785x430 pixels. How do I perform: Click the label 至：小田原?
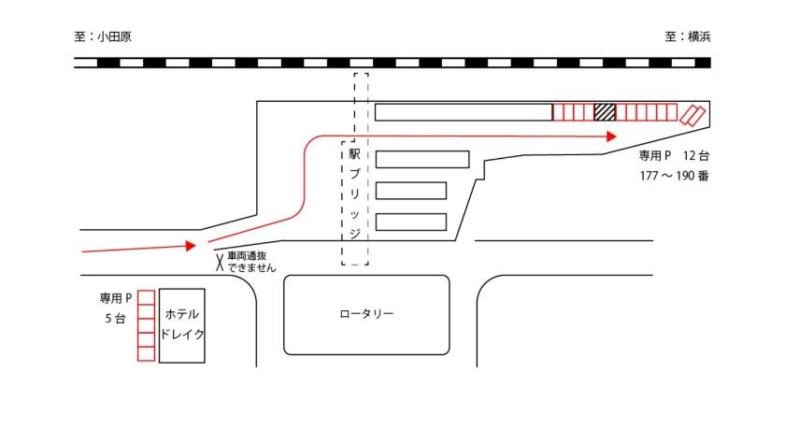[103, 36]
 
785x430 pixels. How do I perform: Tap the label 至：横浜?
[688, 36]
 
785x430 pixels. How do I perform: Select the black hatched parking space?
[605, 112]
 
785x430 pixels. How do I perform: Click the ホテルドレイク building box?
[181, 325]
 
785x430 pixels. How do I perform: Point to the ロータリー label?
[366, 314]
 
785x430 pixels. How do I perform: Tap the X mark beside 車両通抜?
[220, 263]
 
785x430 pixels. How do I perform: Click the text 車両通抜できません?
[251, 262]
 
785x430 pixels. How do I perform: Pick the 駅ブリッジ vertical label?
[354, 193]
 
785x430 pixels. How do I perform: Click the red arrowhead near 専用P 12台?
[611, 136]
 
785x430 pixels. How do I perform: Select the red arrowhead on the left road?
[191, 245]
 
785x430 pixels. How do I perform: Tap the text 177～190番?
[674, 176]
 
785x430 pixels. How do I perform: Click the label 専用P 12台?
[674, 156]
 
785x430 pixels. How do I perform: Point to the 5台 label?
[115, 319]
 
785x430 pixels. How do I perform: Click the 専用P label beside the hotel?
[116, 298]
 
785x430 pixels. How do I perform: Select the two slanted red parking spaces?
[692, 115]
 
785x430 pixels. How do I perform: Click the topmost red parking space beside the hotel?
[146, 298]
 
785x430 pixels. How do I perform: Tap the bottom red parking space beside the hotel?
[146, 354]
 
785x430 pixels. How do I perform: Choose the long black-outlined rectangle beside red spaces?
[464, 112]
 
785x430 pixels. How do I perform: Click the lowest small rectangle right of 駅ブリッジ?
[411, 222]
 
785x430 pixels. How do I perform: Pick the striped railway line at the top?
[392, 63]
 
